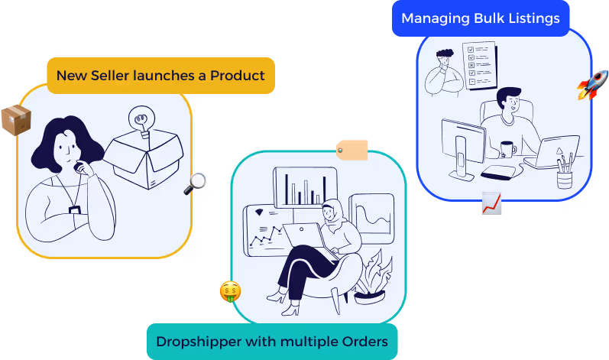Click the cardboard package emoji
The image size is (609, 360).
click(x=15, y=120)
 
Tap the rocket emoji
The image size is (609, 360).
click(x=592, y=85)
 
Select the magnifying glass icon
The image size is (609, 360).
click(x=196, y=183)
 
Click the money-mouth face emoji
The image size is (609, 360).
click(x=230, y=292)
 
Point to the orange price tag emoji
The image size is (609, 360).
click(x=352, y=149)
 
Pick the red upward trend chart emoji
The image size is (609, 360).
click(x=492, y=204)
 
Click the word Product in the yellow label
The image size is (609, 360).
click(x=237, y=76)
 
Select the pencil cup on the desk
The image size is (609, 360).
click(x=564, y=177)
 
